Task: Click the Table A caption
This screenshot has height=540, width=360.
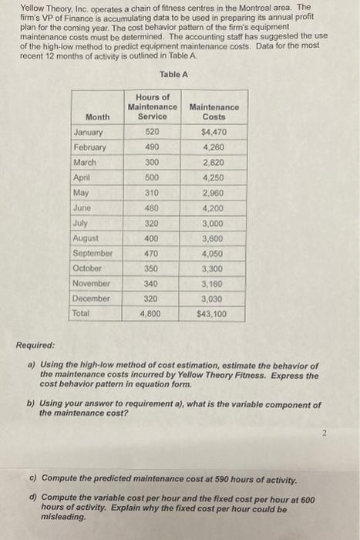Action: pyautogui.click(x=173, y=74)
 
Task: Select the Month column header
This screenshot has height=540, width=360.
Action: pyautogui.click(x=97, y=116)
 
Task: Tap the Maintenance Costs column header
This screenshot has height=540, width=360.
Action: pyautogui.click(x=214, y=112)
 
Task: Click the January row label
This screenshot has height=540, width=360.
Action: pyautogui.click(x=89, y=132)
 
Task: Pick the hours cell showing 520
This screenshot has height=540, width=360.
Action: pyautogui.click(x=153, y=132)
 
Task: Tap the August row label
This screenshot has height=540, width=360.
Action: pyautogui.click(x=86, y=238)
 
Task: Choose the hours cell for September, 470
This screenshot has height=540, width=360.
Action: pyautogui.click(x=153, y=253)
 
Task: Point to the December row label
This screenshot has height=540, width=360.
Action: pyautogui.click(x=92, y=299)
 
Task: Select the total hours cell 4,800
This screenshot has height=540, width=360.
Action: pyautogui.click(x=153, y=314)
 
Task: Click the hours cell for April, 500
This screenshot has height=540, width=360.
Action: pyautogui.click(x=153, y=177)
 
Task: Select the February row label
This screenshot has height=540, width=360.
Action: pyautogui.click(x=90, y=147)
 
